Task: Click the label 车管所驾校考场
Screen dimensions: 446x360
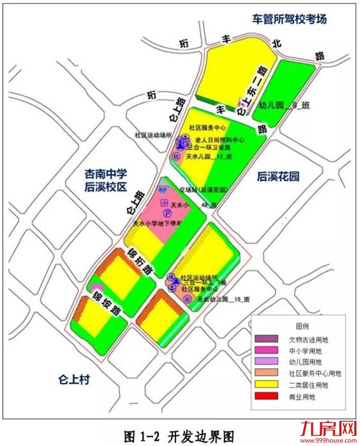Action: (x=290, y=19)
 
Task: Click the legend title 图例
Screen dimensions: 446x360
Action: (x=302, y=326)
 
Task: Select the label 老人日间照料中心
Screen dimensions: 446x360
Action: (x=221, y=139)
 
